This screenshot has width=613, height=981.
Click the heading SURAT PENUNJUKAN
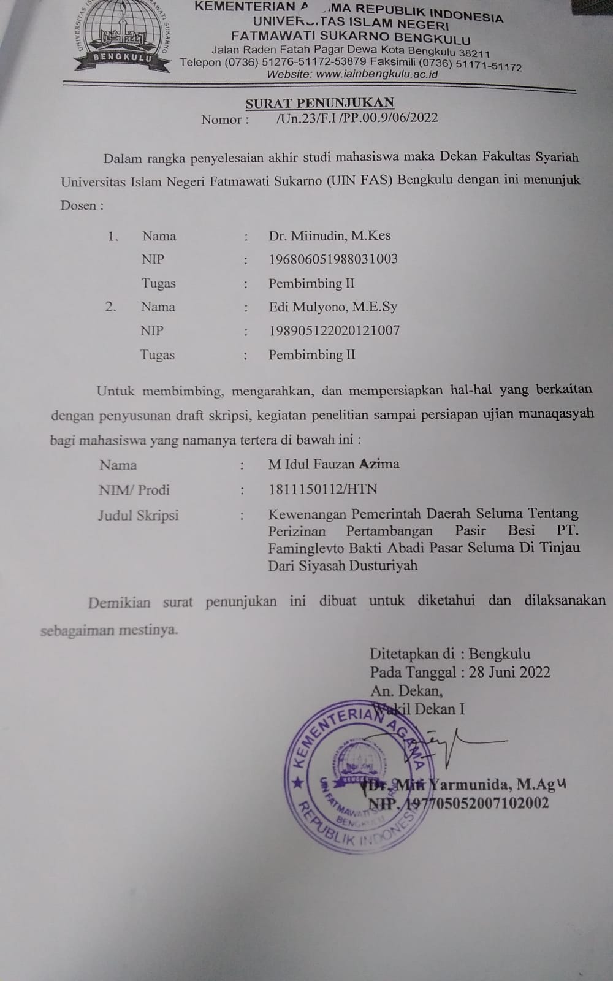(320, 103)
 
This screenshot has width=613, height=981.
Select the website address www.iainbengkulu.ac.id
(377, 74)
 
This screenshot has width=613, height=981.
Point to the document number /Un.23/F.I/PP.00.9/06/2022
(357, 118)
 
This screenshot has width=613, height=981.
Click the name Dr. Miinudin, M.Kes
(330, 235)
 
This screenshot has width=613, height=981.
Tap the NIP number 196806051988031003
(333, 259)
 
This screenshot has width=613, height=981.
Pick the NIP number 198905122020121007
(334, 330)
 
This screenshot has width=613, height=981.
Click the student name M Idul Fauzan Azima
(334, 464)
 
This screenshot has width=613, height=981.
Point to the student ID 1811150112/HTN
(323, 489)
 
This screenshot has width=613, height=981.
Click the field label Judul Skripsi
(138, 515)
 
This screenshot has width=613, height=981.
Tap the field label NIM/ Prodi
(134, 490)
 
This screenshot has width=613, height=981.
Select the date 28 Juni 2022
(509, 672)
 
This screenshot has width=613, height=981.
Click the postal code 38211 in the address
(474, 53)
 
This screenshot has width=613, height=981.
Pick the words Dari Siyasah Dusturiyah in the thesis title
(343, 565)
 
